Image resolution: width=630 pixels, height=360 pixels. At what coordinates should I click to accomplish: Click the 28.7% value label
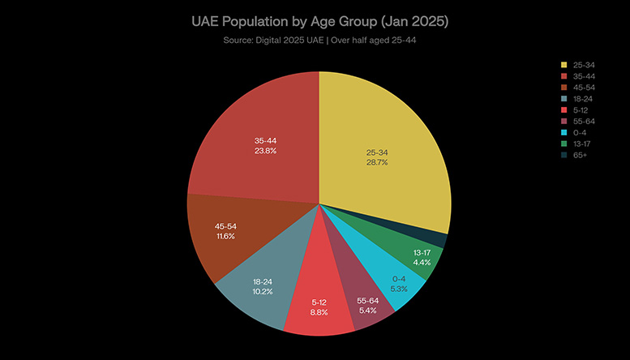377,162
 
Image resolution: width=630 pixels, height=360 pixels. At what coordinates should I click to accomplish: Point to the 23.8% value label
265,150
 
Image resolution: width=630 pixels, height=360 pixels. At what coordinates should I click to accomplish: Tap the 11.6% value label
225,236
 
